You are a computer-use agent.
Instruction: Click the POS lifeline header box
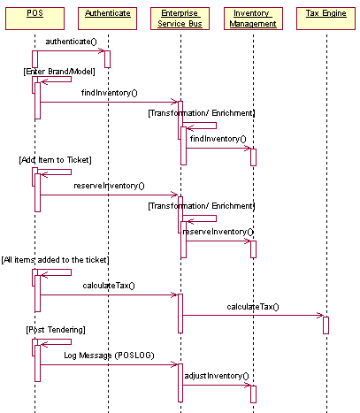(34, 19)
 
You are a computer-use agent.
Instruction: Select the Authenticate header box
(107, 19)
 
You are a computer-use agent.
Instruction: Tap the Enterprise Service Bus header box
(180, 19)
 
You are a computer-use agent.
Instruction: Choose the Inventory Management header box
(253, 19)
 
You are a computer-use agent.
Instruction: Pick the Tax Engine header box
(326, 19)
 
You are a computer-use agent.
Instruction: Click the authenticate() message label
(71, 42)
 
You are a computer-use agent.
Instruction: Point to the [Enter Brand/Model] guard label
(59, 72)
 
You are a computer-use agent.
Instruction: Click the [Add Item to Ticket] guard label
(56, 160)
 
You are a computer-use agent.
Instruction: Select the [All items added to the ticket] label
(56, 260)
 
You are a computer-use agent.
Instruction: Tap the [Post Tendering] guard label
(56, 330)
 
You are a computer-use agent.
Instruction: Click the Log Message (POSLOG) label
(109, 356)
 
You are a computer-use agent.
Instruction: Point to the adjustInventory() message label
(217, 376)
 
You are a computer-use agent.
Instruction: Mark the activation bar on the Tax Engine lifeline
(326, 325)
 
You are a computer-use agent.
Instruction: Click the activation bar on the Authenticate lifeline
(107, 59)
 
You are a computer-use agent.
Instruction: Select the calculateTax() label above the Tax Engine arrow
(253, 307)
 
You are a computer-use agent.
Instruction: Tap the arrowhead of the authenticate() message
(102, 50)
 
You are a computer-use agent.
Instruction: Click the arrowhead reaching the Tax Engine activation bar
(320, 316)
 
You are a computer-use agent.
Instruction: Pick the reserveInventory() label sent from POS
(109, 186)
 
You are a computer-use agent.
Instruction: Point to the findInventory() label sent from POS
(110, 93)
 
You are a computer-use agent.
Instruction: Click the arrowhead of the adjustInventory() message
(248, 385)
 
